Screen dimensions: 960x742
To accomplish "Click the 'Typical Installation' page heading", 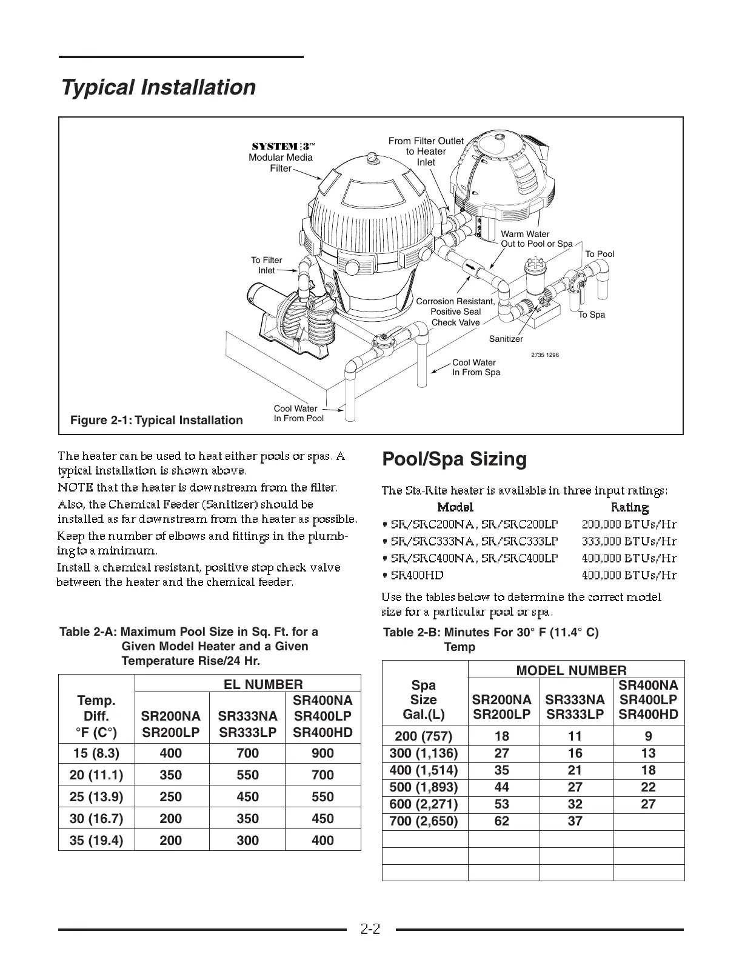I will [158, 87].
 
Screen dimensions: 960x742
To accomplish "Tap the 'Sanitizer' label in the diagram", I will [506, 339].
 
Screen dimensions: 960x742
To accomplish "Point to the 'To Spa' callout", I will [591, 315].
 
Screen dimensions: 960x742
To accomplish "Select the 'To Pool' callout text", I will [599, 254].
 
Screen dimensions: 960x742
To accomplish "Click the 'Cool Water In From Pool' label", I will [298, 413].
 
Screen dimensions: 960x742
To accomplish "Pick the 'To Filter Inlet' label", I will [267, 265].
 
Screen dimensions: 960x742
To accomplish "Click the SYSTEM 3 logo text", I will [283, 147].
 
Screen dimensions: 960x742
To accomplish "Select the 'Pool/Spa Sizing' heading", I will [454, 459].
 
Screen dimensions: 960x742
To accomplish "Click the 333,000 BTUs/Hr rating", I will [629, 541].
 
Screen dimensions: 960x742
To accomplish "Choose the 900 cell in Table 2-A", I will [323, 753].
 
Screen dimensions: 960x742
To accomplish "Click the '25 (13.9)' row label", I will [96, 797].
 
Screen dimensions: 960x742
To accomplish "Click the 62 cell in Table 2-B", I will [502, 822].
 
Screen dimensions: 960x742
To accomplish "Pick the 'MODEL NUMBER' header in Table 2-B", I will [571, 670].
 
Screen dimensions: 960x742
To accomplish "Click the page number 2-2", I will [370, 929].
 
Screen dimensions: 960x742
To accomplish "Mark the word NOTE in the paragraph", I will [75, 487].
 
